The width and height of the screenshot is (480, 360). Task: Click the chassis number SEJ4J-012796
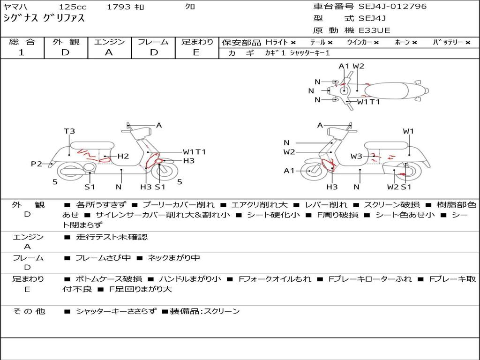point(392,6)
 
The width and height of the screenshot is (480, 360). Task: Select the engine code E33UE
point(375,30)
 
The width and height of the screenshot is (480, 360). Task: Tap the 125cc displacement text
point(73,7)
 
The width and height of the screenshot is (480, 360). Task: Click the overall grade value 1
point(22,52)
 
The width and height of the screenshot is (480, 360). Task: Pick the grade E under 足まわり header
point(196,52)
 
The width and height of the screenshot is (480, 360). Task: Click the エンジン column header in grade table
point(109,42)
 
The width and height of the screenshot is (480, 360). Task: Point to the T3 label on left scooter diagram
point(69,131)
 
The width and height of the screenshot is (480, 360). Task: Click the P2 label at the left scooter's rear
point(37,164)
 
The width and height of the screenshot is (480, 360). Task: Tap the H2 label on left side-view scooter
point(123,156)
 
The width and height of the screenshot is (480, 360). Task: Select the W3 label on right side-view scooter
point(356,156)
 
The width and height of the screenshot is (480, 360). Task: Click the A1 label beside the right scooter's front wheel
point(289,171)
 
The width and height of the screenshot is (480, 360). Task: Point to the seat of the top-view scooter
point(386,90)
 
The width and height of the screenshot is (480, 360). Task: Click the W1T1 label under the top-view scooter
point(368,102)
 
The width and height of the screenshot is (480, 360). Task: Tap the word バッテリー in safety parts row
point(448,42)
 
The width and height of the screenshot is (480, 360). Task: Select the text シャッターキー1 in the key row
point(310,53)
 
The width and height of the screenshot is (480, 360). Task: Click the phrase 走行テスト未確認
point(112,237)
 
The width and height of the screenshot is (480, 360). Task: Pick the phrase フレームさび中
point(103,258)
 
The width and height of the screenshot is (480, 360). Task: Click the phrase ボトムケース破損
point(109,279)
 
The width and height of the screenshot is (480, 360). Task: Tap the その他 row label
point(29,311)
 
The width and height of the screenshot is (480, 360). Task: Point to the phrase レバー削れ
point(326,205)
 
